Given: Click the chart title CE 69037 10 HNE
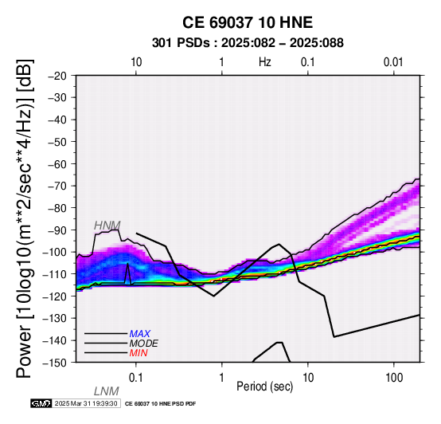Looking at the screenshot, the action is point(248,22).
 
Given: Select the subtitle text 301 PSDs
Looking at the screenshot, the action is point(181,43).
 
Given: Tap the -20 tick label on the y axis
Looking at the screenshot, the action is point(57,76).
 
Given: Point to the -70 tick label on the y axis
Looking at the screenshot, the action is point(57,186).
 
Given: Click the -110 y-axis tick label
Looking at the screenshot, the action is point(55,274).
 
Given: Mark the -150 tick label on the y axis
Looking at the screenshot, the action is point(55,363).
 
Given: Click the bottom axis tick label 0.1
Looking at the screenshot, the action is point(136,377).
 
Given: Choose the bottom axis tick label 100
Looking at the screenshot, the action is point(394,377).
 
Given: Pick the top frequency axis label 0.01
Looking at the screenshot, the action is point(393,62).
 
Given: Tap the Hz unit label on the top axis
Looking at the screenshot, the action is point(265,62).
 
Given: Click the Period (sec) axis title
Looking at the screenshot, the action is point(264,387).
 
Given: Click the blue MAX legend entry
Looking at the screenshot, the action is point(140,334).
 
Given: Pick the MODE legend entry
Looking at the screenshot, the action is point(144,344).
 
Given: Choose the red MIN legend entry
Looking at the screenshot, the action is point(139,353).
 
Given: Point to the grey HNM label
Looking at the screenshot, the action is point(107,226).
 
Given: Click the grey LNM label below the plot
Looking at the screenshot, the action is point(107,391).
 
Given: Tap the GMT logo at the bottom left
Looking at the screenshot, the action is point(41,403).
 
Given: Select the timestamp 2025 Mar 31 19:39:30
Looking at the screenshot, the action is point(86,403).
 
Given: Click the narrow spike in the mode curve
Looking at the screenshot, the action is point(128,273).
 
